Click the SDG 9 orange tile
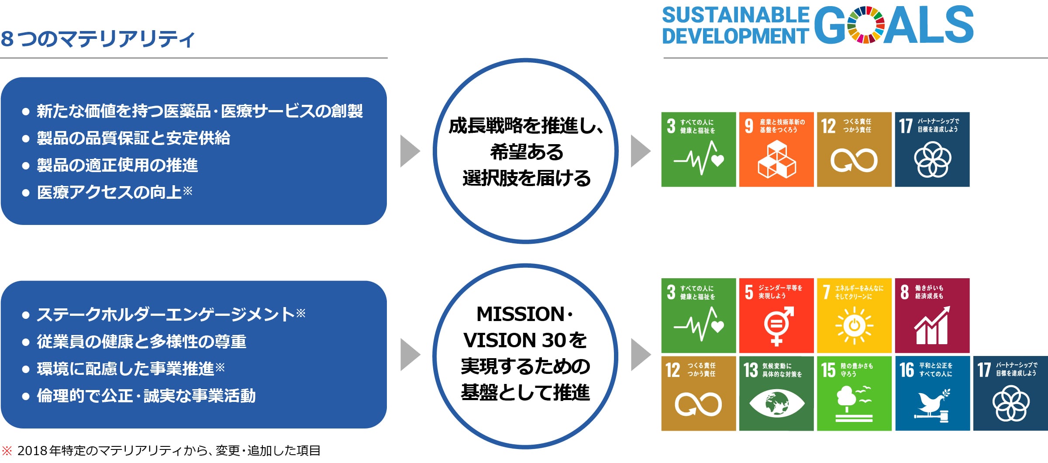(776, 149)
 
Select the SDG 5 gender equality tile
(776, 315)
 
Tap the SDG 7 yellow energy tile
(854, 315)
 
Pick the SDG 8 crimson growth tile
(932, 315)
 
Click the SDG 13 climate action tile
(776, 393)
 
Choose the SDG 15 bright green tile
(854, 393)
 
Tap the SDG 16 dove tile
(932, 393)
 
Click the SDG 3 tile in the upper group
(698, 149)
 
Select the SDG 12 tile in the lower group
(698, 393)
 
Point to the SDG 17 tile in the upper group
(932, 149)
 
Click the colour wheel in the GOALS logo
(866, 25)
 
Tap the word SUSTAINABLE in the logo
(735, 15)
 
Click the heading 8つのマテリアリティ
(97, 39)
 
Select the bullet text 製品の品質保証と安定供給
(133, 138)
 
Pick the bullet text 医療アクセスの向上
(109, 192)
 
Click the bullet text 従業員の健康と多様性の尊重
(141, 342)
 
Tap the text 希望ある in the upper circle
(526, 152)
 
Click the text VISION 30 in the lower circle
(515, 340)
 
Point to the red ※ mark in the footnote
(7, 451)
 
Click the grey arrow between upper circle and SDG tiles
(640, 151)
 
